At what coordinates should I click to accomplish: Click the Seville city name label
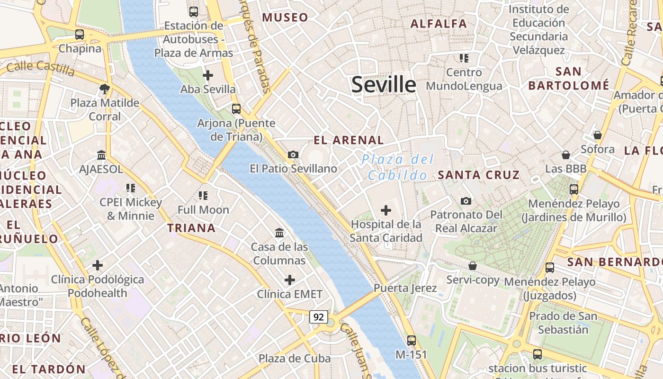384,85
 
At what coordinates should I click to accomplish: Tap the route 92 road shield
318,317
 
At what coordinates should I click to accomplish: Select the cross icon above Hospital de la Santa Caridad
386,210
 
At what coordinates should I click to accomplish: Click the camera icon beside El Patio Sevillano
293,154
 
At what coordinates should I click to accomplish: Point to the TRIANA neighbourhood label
191,228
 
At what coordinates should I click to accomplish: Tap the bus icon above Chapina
80,35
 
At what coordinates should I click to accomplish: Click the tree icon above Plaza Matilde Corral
105,89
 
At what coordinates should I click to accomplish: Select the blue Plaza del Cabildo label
398,167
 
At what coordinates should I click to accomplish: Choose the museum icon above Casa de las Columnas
279,233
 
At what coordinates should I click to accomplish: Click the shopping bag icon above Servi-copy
472,266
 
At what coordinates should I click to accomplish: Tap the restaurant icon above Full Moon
203,195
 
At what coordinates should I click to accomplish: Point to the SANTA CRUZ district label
479,175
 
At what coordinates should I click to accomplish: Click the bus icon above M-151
411,340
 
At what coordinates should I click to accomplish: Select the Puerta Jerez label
405,288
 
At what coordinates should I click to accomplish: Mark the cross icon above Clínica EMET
289,280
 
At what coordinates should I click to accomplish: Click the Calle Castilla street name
41,68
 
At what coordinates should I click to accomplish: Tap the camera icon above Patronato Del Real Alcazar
466,201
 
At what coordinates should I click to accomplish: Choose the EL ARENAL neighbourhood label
349,140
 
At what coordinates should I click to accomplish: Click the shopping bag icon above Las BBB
565,155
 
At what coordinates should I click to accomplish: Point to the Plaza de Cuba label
295,358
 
